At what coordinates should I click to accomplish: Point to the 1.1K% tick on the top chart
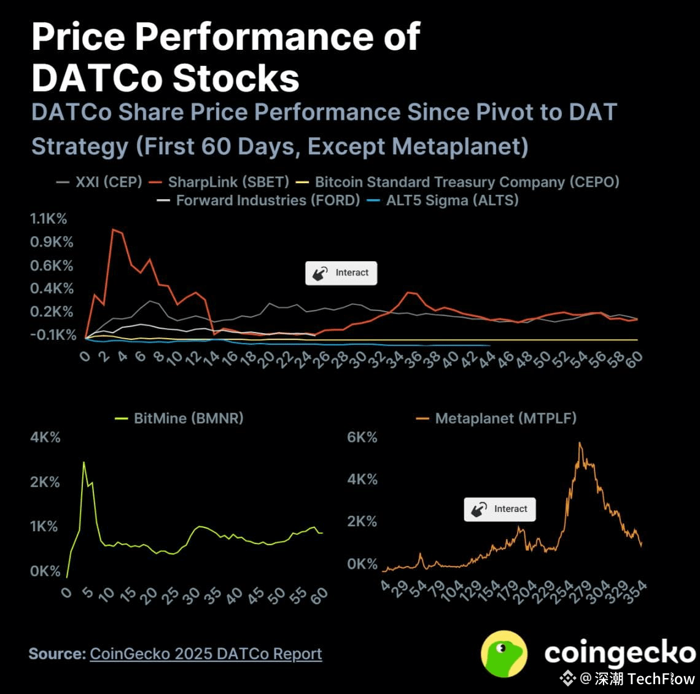coord(49,219)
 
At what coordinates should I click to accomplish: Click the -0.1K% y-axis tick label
coord(53,335)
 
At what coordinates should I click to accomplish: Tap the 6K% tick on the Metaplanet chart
coord(362,438)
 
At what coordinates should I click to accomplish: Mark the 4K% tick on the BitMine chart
coord(45,438)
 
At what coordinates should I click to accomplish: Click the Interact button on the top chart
coord(341,273)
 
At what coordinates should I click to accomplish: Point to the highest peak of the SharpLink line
coord(113,230)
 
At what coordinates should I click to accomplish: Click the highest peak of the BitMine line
coord(84,462)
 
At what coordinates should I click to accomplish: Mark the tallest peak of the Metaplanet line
coord(580,443)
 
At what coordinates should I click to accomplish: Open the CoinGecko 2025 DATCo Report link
coord(206,654)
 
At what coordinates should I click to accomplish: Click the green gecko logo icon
coord(504,653)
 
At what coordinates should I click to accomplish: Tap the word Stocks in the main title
coord(236,79)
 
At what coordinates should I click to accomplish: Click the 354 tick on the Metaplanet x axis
coord(636,591)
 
